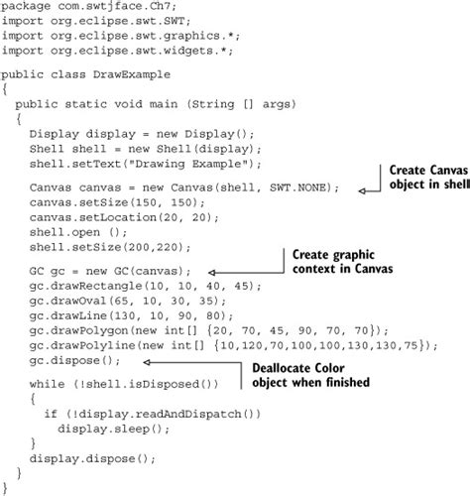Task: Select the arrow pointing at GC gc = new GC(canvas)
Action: pos(248,269)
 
